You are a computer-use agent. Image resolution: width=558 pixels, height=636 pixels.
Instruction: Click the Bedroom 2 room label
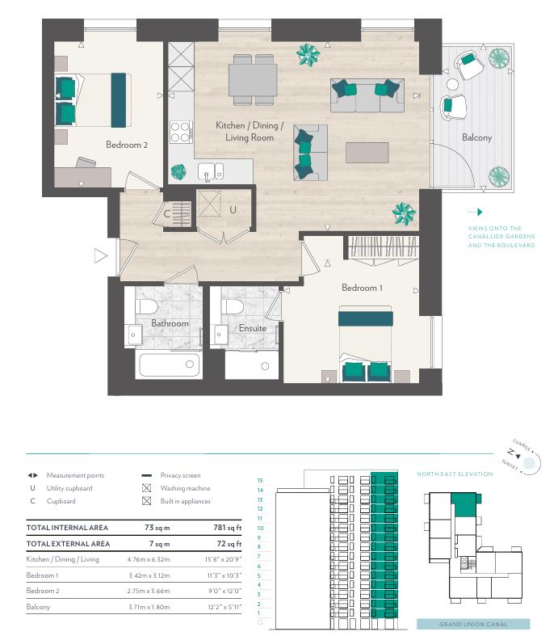[127, 145]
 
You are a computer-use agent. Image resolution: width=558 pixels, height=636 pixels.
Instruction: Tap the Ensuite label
[253, 328]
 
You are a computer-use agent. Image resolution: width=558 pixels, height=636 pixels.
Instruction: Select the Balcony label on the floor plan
[476, 138]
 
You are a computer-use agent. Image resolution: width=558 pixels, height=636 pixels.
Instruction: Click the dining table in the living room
[253, 80]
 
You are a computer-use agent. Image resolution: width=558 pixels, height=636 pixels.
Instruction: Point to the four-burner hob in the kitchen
[181, 132]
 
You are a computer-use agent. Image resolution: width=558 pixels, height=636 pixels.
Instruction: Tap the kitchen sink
[210, 171]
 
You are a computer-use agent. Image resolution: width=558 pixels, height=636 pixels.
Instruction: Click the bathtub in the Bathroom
[169, 364]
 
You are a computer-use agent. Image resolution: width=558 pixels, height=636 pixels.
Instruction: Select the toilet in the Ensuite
[233, 306]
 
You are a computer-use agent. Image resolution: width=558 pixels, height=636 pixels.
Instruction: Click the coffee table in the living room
[367, 153]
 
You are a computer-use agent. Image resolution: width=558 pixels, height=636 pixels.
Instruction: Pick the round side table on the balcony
[452, 85]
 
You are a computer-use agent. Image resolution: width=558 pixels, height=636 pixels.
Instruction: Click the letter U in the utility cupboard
[233, 209]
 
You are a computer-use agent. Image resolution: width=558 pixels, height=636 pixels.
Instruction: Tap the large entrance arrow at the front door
[100, 256]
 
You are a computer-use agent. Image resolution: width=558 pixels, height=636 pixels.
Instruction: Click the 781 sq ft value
[228, 528]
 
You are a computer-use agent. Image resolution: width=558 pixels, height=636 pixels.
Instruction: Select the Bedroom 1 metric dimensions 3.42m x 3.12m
[149, 575]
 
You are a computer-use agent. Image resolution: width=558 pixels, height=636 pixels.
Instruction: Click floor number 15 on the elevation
[260, 481]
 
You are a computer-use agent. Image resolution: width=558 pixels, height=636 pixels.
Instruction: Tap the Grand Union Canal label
[473, 624]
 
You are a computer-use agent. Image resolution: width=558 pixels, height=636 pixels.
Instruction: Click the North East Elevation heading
[455, 474]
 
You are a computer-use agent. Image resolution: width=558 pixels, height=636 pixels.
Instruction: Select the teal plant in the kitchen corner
[178, 172]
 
